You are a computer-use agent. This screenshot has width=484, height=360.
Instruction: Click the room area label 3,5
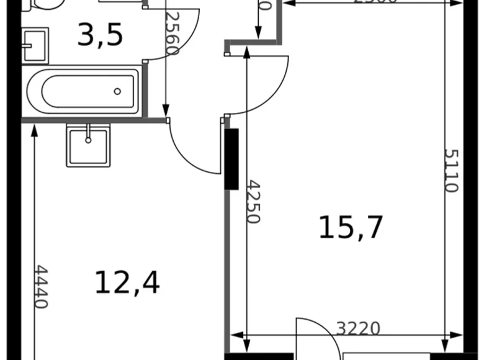100,35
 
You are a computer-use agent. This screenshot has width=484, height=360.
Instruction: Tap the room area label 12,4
127,282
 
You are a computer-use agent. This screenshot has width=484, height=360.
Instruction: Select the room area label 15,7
351,227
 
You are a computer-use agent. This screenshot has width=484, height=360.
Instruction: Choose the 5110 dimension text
451,171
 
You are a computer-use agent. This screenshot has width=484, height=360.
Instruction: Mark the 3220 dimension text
358,328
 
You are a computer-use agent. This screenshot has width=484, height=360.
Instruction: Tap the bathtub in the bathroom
82,91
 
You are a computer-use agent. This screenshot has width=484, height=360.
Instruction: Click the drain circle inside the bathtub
117,92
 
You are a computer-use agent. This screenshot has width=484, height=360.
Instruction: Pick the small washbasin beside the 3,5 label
34,45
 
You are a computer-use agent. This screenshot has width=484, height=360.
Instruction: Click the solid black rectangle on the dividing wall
231,158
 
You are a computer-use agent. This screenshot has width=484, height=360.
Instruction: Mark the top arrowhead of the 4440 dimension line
34,128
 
